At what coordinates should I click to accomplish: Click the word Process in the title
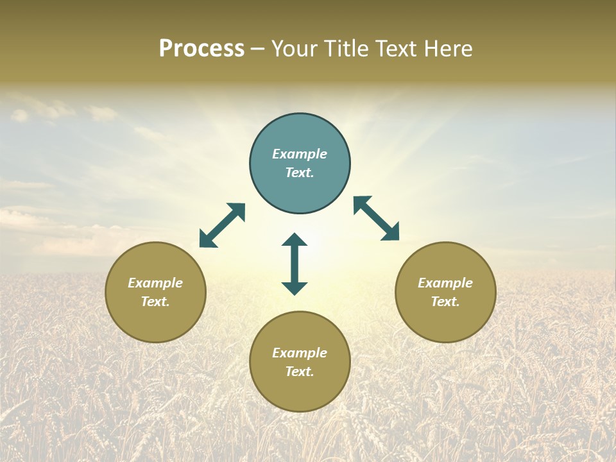(201, 49)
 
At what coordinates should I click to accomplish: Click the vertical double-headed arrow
(295, 264)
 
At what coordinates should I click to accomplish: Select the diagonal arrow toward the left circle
(222, 225)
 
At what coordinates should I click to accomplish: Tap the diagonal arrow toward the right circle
(377, 218)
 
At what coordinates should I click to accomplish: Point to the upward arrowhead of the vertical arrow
(295, 239)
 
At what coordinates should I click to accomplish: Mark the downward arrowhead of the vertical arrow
(295, 288)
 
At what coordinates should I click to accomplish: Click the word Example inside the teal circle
(300, 154)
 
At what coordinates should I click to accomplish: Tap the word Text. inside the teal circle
(300, 173)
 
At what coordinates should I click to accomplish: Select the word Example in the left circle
(155, 283)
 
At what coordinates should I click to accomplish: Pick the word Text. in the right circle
(445, 302)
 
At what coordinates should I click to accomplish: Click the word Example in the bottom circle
(300, 353)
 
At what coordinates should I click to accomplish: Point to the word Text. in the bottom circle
(300, 372)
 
